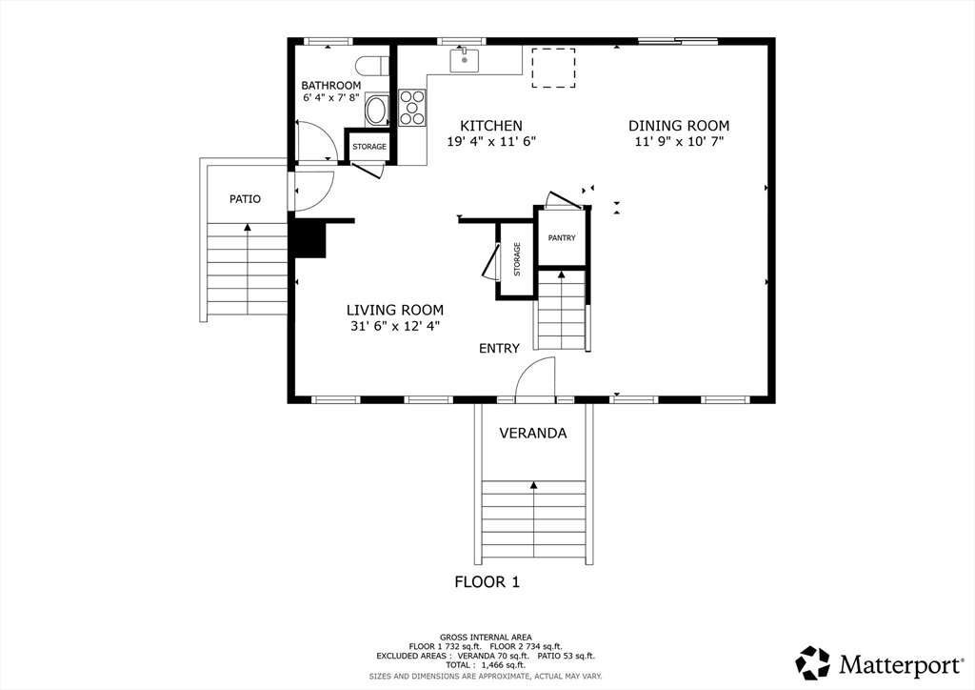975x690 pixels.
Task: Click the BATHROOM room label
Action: point(330,85)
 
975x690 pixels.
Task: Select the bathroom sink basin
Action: point(375,110)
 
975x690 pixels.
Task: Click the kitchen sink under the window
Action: point(465,61)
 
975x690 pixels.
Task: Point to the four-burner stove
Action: point(411,108)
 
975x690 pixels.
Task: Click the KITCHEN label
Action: point(491,126)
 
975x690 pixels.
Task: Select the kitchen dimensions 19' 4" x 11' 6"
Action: point(491,141)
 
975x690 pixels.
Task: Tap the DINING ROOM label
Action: point(679,126)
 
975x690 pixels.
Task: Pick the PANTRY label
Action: point(562,237)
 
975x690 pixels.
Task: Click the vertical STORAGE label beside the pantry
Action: point(517,259)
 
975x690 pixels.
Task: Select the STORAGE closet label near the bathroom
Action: point(369,147)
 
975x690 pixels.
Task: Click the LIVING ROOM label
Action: point(395,310)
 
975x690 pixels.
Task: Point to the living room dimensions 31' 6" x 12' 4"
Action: point(395,325)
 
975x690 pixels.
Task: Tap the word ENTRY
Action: point(499,349)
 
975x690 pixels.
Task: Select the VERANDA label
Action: point(533,433)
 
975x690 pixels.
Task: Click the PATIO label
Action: point(245,199)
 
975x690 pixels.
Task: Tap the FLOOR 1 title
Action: point(487,582)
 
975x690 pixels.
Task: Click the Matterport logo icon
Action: point(813,662)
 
